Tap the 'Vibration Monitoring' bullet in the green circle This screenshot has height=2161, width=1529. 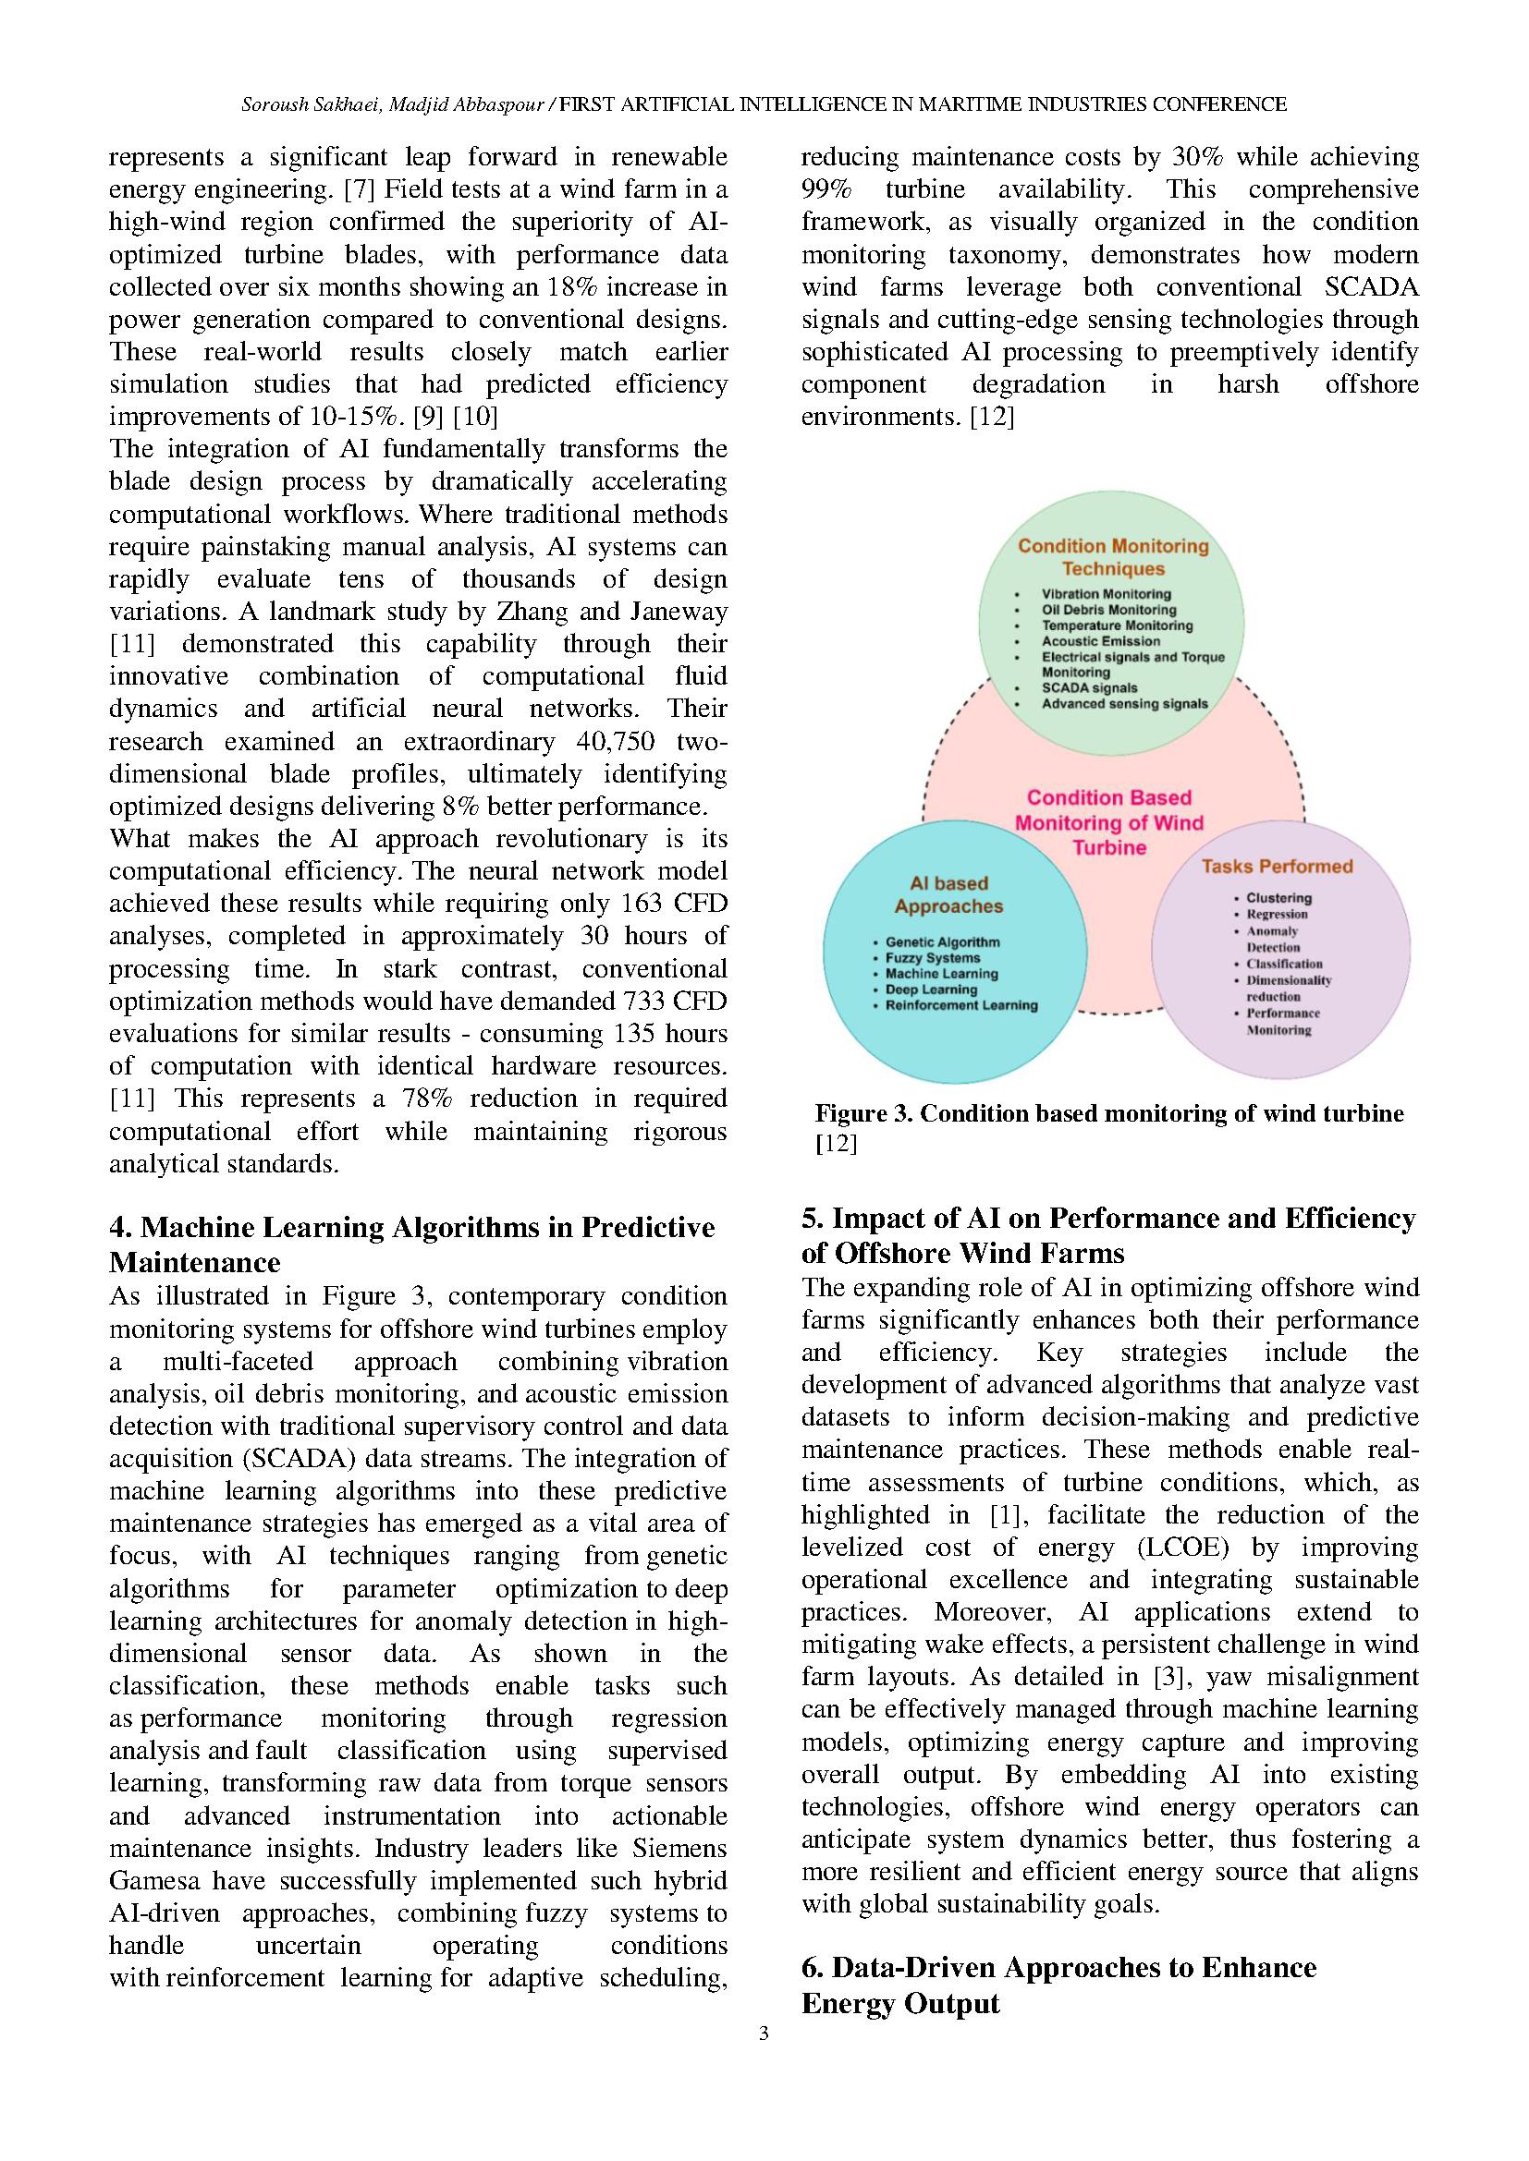coord(1106,594)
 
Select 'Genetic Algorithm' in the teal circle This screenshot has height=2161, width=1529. coord(942,942)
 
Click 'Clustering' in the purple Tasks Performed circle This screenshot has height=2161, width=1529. coord(1278,898)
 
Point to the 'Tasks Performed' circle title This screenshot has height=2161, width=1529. coord(1277,866)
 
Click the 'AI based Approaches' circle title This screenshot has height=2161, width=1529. coord(948,895)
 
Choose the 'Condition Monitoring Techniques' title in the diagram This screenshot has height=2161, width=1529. coord(1113,557)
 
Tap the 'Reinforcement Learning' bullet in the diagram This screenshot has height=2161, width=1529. coord(961,1005)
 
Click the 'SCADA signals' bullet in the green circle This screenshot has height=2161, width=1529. coord(1088,688)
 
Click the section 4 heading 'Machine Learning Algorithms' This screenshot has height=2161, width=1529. coord(411,1227)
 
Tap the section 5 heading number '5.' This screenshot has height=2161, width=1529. coord(813,1219)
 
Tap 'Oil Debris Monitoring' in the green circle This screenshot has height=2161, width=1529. coord(1108,610)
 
